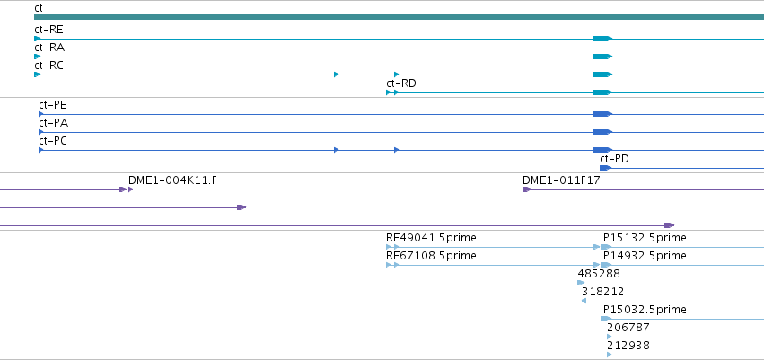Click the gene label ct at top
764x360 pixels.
(39, 8)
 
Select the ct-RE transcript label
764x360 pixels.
(48, 30)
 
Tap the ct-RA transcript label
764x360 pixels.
(49, 48)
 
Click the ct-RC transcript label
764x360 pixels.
(48, 66)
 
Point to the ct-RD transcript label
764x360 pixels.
(401, 83)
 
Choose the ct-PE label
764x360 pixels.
(53, 105)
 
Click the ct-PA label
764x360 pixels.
(54, 123)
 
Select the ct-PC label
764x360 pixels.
(53, 141)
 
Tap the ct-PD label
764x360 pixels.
(614, 159)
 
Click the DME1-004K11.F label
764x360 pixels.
(173, 180)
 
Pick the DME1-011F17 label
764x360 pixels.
(561, 180)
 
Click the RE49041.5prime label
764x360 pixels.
(431, 238)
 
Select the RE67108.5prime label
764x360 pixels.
(431, 256)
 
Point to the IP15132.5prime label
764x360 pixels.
(644, 238)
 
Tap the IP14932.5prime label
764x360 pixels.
(644, 256)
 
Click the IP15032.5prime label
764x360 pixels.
(644, 310)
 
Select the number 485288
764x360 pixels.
(599, 273)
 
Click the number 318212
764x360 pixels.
(602, 291)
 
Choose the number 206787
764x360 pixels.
(628, 328)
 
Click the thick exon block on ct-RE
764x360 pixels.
(602, 39)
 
